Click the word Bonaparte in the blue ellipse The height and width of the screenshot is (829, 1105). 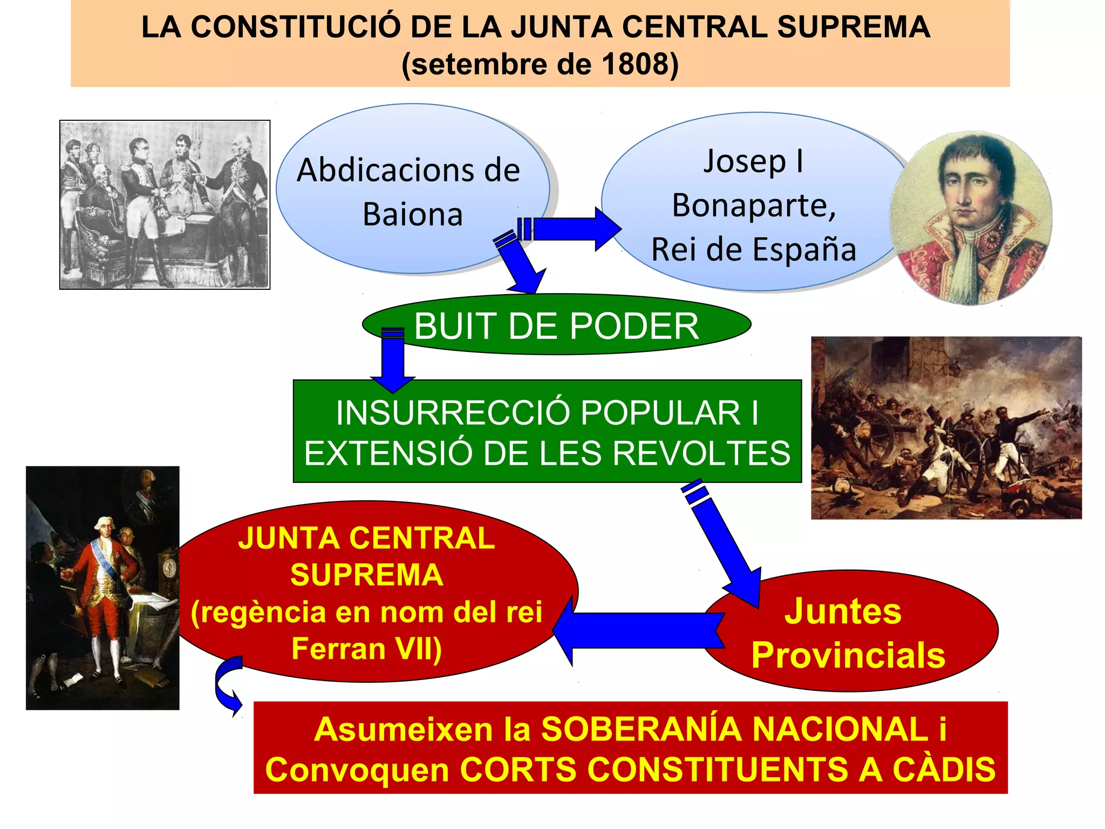(x=754, y=206)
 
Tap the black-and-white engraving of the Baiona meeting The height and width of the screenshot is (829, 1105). (x=165, y=205)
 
